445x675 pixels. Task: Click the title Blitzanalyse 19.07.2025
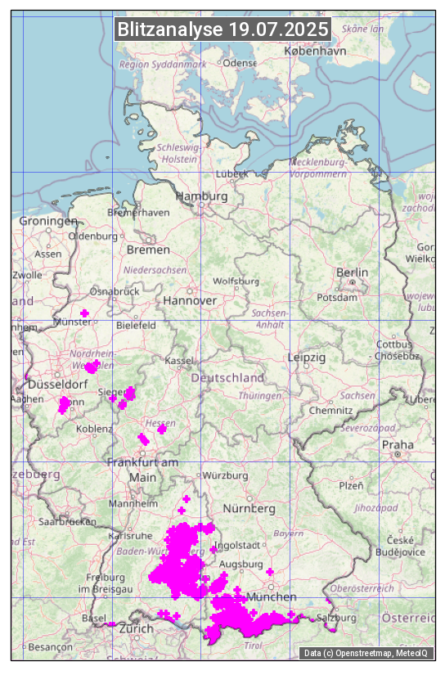pyautogui.click(x=222, y=29)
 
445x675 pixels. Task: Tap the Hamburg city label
pyautogui.click(x=201, y=196)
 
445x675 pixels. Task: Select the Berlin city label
pyautogui.click(x=352, y=272)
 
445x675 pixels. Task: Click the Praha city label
pyautogui.click(x=398, y=444)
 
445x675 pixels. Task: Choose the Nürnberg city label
pyautogui.click(x=249, y=508)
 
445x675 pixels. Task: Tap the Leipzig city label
pyautogui.click(x=307, y=358)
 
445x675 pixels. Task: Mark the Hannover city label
pyautogui.click(x=190, y=300)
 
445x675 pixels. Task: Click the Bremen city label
pyautogui.click(x=148, y=249)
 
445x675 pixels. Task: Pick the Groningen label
pyautogui.click(x=47, y=221)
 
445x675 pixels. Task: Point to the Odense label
pyautogui.click(x=240, y=63)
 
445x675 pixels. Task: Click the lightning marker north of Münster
pyautogui.click(x=84, y=313)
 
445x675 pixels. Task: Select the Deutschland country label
pyautogui.click(x=227, y=377)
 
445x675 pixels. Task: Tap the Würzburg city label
pyautogui.click(x=225, y=475)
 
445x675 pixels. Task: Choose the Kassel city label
pyautogui.click(x=179, y=360)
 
